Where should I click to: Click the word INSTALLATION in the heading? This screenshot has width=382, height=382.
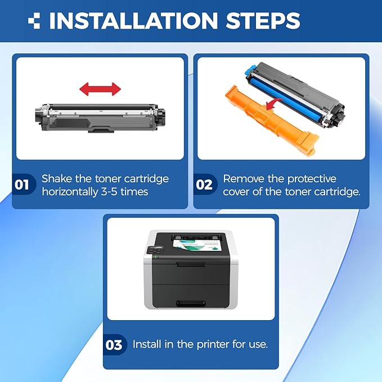point(133,20)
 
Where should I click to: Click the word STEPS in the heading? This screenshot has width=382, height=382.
point(263,20)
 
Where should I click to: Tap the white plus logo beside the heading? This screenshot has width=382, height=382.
point(34,20)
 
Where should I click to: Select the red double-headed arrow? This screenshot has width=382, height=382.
point(100,89)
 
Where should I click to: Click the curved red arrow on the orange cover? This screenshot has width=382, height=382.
point(274,104)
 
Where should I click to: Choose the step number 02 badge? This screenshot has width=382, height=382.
point(204,185)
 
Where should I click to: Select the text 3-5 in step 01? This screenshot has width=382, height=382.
point(109,191)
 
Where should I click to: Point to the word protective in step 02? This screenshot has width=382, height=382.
point(312,179)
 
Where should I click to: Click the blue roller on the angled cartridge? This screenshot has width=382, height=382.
point(287,97)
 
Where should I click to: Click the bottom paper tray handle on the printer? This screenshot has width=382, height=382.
point(191,304)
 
